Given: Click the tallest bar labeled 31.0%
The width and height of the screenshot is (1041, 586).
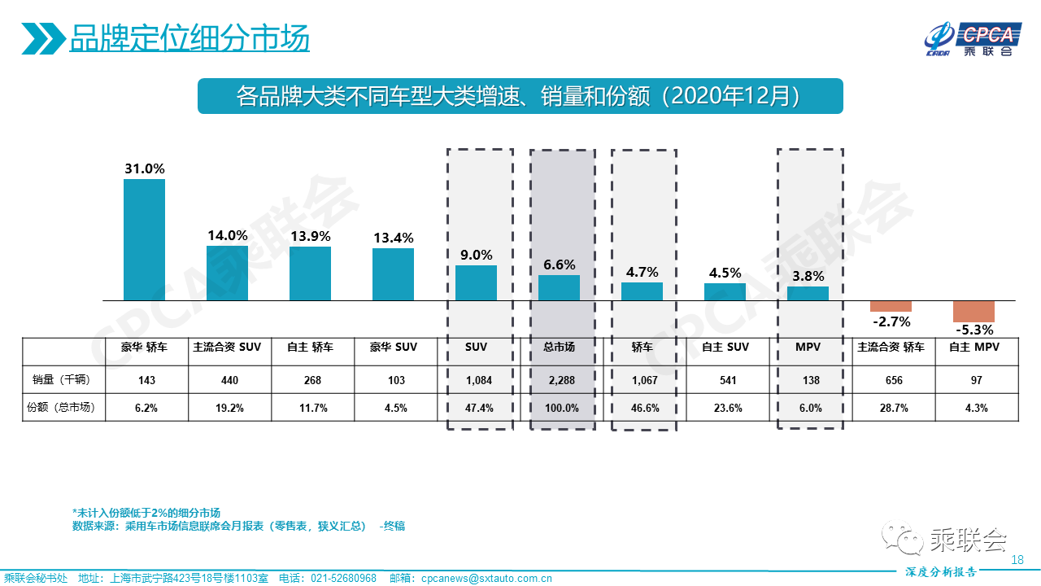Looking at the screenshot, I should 144,239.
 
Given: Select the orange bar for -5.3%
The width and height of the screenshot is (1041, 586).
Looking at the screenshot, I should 973,311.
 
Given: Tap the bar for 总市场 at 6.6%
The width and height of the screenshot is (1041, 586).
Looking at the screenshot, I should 559,287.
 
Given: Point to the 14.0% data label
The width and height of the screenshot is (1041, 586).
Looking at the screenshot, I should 227,235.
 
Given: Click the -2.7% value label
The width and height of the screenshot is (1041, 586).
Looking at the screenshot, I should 891,321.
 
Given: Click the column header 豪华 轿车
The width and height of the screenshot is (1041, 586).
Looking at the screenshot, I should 144,348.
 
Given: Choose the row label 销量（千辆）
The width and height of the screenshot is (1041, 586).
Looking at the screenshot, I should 59,380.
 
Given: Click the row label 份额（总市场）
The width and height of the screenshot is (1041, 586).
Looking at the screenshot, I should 59,408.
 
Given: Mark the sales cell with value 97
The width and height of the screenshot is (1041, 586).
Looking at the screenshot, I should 973,380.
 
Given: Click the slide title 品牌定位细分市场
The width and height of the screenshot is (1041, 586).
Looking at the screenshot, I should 189,38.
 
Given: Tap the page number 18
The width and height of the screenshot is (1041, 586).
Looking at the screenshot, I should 1017,560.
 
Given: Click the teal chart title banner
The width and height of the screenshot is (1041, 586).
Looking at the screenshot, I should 520,96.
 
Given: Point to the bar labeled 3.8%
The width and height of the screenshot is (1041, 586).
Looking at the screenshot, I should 808,293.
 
